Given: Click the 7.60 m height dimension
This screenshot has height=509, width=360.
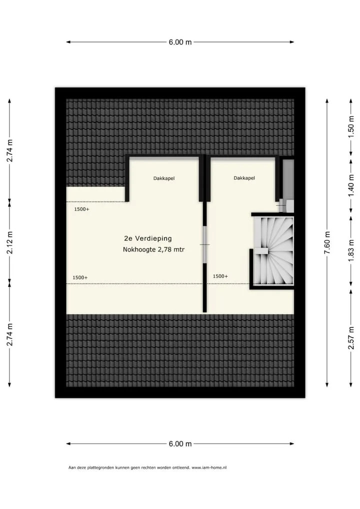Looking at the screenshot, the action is [x=327, y=243].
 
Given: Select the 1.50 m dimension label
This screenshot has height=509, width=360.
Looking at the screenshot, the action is [x=351, y=127].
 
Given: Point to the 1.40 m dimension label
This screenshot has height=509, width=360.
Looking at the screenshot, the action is [x=351, y=185].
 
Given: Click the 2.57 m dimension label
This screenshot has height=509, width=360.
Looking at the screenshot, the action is [x=351, y=338].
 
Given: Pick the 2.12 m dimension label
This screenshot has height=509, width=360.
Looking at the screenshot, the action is [x=9, y=242].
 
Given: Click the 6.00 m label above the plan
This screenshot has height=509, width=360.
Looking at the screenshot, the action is [x=180, y=42].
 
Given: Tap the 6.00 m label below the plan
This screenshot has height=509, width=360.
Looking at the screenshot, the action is [x=180, y=444].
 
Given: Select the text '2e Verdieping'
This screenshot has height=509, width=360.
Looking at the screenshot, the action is [x=148, y=238].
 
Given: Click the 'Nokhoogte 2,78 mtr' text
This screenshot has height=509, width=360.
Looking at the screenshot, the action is [x=153, y=249].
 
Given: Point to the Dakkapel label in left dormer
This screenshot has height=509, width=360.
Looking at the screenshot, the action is [x=164, y=178].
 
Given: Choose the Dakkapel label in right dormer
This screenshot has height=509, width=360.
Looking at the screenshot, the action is [x=244, y=178].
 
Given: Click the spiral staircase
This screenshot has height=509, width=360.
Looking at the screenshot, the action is [x=273, y=250].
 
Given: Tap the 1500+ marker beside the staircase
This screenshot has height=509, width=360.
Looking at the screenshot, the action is [x=220, y=276].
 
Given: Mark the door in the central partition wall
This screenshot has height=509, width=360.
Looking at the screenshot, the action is [x=205, y=244].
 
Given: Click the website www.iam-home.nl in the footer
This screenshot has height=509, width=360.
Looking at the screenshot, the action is [x=209, y=468].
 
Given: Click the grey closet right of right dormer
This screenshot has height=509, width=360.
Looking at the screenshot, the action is [x=288, y=179].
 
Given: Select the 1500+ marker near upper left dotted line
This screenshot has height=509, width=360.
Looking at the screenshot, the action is [x=82, y=209].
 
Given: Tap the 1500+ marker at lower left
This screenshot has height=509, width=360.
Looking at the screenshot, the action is [x=80, y=278].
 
